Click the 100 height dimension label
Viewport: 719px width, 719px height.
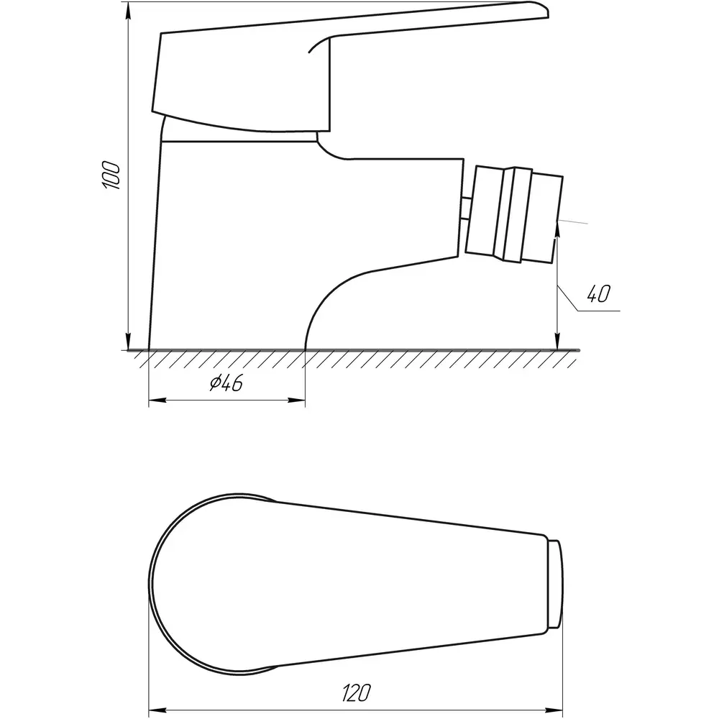[111, 175]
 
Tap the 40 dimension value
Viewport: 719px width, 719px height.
[598, 293]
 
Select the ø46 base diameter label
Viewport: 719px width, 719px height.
[226, 383]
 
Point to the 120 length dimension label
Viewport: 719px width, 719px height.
[357, 693]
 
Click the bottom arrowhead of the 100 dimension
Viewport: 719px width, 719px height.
[129, 341]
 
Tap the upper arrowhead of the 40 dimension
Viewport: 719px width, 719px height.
[557, 232]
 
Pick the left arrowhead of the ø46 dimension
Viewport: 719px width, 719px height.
[157, 400]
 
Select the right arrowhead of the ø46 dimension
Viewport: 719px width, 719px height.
[296, 400]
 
